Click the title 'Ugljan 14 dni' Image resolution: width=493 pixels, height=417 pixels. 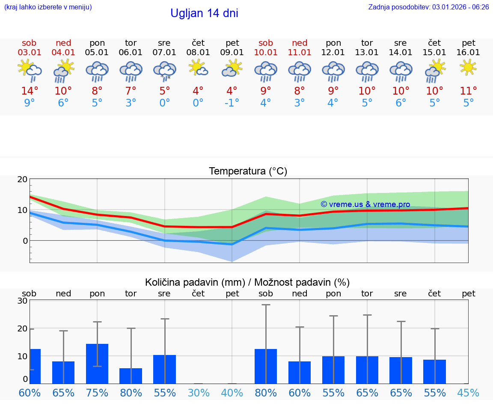coord(204,13)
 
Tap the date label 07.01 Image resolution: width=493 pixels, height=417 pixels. coord(164,53)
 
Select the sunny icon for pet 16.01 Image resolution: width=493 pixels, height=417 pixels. coord(468,67)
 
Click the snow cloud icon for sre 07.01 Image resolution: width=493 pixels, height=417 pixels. coord(165,70)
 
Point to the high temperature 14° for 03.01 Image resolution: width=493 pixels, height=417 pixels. coord(30,91)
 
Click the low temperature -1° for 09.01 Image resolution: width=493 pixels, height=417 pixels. coord(232,103)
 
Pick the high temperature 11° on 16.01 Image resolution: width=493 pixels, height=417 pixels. coord(468,91)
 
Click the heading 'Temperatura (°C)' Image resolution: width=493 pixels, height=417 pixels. coord(248,172)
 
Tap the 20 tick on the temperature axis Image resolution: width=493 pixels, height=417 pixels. coord(22,179)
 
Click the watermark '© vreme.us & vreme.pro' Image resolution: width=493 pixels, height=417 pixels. coord(365,204)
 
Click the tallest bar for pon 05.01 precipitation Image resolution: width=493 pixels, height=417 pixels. coord(97,364)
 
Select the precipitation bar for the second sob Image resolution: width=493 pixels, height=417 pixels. coord(266,366)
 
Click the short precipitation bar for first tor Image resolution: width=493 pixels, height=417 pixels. coord(131,376)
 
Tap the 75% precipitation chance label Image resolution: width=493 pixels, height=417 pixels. coord(97,393)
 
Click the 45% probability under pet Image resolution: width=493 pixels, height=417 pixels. coord(468,393)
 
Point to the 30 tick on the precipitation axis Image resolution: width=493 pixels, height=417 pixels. coord(22,301)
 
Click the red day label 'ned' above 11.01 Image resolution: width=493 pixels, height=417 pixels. coord(300,43)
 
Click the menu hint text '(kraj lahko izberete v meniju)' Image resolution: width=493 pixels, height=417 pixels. coord(48,7)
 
